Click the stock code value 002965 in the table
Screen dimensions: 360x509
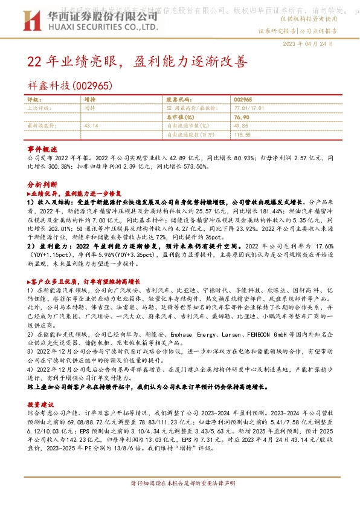click(243, 99)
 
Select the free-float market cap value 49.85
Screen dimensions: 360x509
click(241, 125)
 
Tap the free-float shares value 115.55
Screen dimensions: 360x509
click(242, 134)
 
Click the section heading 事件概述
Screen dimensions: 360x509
click(42, 148)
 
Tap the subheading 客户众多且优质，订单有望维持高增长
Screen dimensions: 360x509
click(83, 282)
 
